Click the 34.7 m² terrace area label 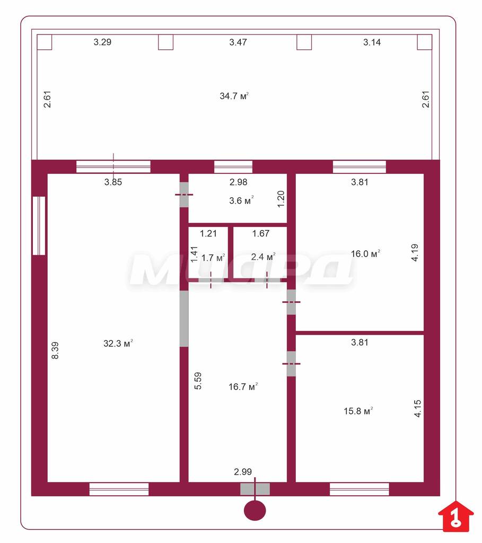coord(234,96)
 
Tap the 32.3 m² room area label coord(118,343)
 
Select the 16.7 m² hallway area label coord(243,387)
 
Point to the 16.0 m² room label coord(365,254)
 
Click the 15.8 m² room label coord(358,411)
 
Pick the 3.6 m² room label coord(241,200)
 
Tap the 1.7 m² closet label coord(213,258)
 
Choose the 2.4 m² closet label coord(263,257)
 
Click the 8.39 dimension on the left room coord(55,351)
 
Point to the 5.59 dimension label coord(198,381)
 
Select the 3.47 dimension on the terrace coord(238,42)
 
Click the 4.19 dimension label coord(415,252)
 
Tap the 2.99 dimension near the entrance coord(243,471)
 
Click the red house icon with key coord(455,516)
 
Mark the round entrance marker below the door coord(255,511)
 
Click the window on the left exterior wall coord(39,226)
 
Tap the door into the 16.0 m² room coord(291,302)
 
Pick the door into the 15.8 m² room coord(291,364)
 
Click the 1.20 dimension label coord(281,199)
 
